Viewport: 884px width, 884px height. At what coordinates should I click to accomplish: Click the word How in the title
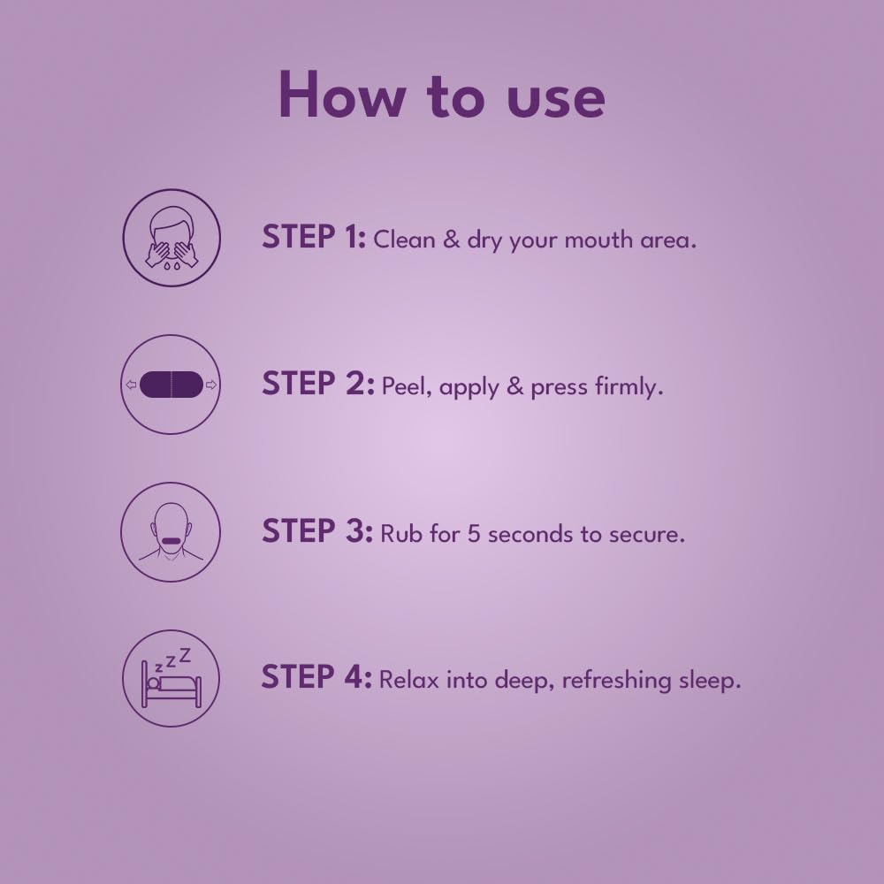pos(341,95)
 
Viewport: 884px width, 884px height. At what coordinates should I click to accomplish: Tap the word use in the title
pos(556,99)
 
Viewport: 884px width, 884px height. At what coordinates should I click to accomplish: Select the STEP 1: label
pos(314,236)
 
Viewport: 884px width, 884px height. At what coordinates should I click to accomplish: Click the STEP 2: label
pos(318,384)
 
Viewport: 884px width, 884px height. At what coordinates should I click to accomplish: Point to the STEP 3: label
pos(317,531)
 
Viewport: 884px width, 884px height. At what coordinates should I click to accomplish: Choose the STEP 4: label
pos(316,676)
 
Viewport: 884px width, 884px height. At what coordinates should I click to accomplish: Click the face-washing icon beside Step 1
pos(171,237)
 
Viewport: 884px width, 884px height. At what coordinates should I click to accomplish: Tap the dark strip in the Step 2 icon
pos(171,385)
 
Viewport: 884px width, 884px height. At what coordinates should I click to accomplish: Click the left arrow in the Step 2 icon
pos(131,385)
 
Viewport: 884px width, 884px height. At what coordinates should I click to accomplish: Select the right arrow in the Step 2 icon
pos(211,385)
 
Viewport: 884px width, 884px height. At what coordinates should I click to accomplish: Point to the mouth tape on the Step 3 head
pos(171,541)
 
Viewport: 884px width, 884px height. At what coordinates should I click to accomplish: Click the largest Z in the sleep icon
pos(185,655)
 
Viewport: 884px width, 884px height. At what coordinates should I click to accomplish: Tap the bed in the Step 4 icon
pos(171,686)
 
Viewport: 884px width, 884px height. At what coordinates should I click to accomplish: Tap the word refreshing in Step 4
pos(616,680)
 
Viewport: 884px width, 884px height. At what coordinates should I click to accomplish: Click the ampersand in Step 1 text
pos(451,240)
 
